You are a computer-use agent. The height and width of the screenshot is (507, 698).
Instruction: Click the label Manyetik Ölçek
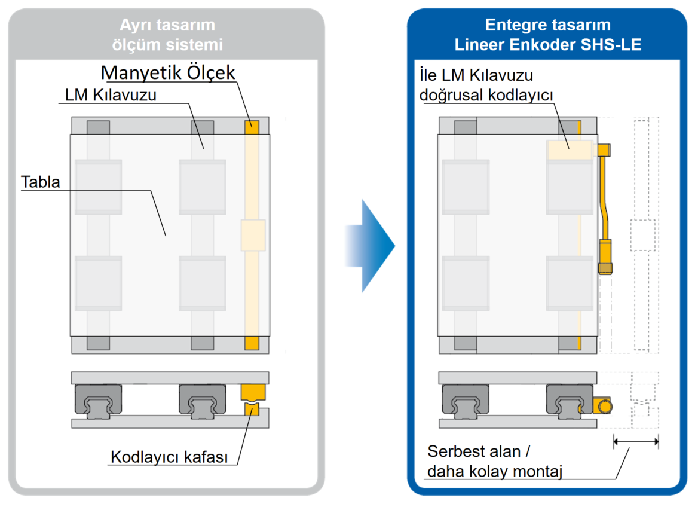pos(168,72)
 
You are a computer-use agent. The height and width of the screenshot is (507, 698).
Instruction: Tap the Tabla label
pos(41,182)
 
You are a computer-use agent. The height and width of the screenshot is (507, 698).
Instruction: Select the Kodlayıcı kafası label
pos(169,457)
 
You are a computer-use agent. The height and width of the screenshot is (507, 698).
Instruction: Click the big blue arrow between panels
pos(370,246)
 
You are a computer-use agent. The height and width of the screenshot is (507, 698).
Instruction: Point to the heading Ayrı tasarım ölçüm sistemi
pos(167,34)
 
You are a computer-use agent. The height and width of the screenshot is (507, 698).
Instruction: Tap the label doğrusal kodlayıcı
pos(486,95)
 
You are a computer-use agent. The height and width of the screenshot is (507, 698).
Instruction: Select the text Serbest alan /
pos(479,451)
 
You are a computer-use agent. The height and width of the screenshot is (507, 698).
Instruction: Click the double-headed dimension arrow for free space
pos(636,442)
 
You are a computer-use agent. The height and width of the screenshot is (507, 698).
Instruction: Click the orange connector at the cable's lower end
pos(605,268)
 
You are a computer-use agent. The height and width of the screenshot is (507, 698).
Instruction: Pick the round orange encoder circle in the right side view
pos(605,407)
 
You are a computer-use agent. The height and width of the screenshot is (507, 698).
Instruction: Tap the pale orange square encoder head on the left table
pos(253,235)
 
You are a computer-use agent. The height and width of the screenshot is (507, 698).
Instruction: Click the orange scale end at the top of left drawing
pos(252,127)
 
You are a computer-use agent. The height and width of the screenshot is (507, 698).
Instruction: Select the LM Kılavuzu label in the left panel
pos(111,95)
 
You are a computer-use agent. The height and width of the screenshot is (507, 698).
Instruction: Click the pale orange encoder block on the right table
pos(570,150)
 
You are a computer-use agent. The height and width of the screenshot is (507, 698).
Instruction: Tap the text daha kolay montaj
pos(495,471)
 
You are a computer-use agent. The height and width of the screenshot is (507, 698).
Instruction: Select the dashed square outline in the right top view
pos(643,235)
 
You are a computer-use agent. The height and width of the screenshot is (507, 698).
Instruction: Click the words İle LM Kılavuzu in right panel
pos(476,75)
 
